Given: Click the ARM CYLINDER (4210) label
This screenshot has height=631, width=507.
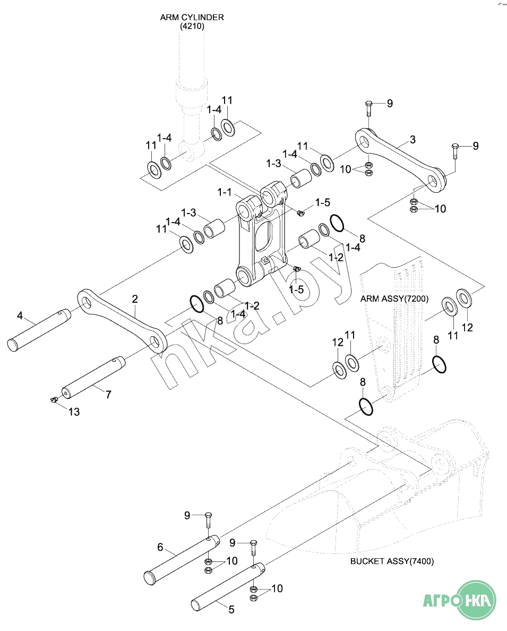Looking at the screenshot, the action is [x=192, y=22].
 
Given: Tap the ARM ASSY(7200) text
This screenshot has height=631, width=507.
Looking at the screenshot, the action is [x=394, y=299].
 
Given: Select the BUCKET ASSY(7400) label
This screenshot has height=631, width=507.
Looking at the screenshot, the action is [x=392, y=561].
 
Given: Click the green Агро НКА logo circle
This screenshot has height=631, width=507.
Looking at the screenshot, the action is [x=477, y=600].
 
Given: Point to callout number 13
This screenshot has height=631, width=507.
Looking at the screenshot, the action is [x=74, y=412].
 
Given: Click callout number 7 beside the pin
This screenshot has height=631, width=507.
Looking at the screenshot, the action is [x=108, y=394].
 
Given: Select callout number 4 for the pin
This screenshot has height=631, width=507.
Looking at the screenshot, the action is [x=20, y=315].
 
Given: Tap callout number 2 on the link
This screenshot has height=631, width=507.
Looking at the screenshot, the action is [x=135, y=299].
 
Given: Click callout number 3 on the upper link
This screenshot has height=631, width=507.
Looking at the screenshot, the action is [x=413, y=140].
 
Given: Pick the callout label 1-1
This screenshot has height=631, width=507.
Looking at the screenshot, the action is [x=225, y=192].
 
